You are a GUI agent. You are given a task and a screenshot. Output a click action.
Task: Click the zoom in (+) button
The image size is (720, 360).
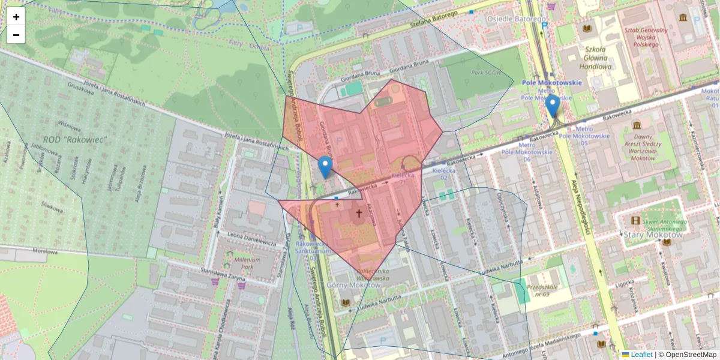pos(16,17)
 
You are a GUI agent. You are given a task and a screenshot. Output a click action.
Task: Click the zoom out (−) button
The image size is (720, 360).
pos(16,35)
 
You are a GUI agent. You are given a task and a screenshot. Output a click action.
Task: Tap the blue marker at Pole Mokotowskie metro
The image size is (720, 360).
pos(552,107)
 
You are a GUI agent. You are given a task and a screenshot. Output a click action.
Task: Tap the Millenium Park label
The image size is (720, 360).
pos(247,264)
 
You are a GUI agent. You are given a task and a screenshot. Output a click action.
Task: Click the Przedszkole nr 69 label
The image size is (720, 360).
pos(542,291)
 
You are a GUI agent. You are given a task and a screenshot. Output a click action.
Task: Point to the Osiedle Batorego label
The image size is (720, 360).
pos(509,19)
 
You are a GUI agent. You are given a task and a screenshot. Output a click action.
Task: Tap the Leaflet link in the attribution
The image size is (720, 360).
pos(641,355)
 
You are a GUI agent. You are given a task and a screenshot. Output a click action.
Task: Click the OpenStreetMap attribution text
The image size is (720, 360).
pos(691,355)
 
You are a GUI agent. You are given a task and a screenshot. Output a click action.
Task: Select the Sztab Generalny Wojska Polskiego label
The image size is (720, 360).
pos(646,37)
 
